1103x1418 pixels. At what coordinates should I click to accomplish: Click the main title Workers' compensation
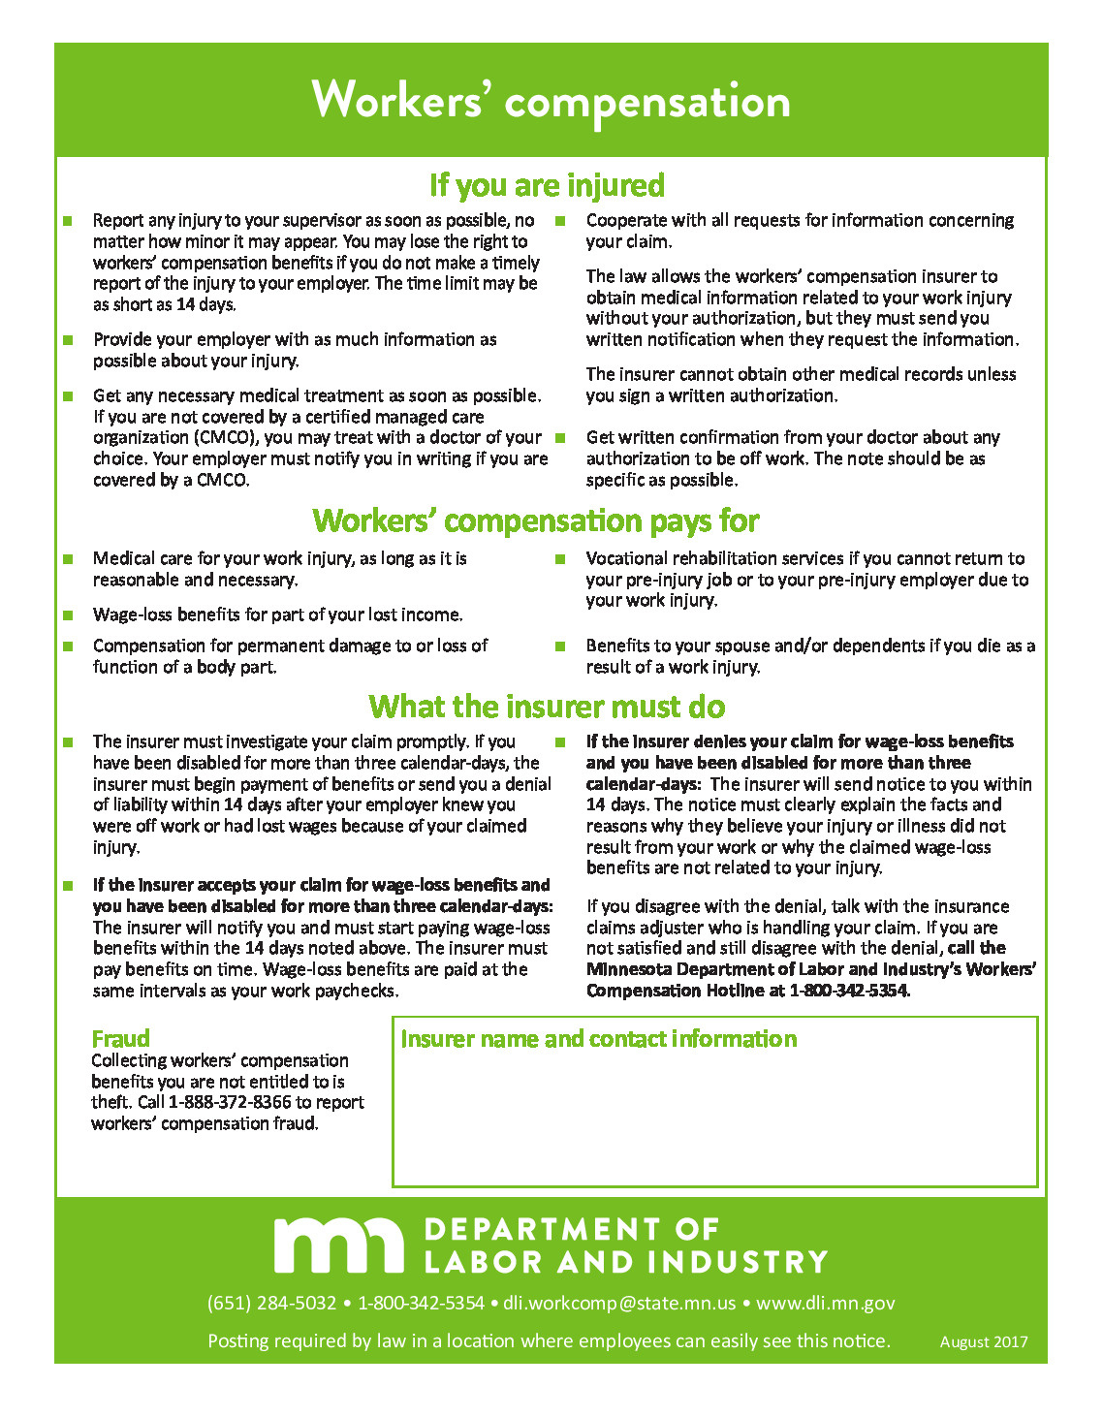click(551, 101)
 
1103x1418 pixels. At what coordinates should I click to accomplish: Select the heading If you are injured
click(547, 185)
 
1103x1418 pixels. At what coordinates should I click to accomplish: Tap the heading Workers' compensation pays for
click(535, 520)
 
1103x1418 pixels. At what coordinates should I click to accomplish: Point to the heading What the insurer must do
click(547, 706)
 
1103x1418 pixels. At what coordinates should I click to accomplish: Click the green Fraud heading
click(120, 1038)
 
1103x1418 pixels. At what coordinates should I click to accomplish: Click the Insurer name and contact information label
click(598, 1039)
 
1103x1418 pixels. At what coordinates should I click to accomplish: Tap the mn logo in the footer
click(338, 1245)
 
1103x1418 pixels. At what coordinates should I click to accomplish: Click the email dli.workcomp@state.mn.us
click(619, 1303)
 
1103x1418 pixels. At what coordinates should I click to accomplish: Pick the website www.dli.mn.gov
click(825, 1303)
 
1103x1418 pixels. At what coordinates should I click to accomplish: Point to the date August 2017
click(983, 1342)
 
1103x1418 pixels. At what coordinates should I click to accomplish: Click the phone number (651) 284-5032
click(271, 1303)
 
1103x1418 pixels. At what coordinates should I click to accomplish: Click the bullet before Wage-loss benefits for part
click(68, 615)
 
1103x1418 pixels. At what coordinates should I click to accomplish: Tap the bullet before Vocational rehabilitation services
click(560, 559)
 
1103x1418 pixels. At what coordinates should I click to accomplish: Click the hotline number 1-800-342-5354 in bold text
click(849, 991)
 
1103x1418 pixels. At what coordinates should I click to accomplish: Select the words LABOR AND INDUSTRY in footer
click(625, 1262)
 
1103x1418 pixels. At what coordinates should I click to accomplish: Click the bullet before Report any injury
click(68, 221)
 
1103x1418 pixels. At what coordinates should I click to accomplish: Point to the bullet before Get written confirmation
click(560, 438)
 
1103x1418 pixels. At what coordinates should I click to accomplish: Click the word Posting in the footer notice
click(238, 1341)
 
